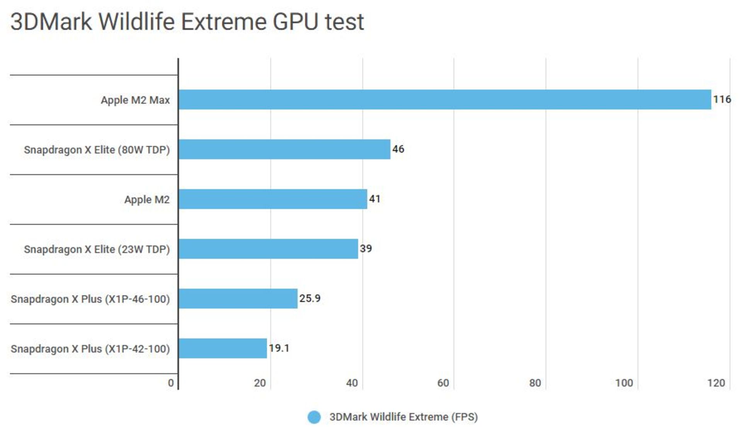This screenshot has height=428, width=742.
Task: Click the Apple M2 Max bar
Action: [x=444, y=100]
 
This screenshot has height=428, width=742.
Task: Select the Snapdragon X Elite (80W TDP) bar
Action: [x=284, y=149]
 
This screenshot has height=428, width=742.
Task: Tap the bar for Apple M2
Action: [x=273, y=199]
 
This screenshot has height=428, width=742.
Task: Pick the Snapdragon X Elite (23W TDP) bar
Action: [x=268, y=249]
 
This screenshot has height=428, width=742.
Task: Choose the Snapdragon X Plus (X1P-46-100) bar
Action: [x=238, y=298]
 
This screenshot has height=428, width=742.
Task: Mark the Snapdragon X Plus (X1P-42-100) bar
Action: [x=223, y=348]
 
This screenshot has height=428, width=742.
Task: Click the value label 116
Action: [x=722, y=99]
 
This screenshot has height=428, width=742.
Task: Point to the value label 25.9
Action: [x=310, y=298]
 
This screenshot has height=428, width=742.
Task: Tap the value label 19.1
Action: [x=279, y=348]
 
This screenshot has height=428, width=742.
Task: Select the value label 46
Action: [x=398, y=149]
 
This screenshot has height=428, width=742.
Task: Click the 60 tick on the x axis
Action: [x=443, y=383]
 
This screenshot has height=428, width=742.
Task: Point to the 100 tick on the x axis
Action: [x=624, y=383]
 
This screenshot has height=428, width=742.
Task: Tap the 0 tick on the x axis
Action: [x=171, y=383]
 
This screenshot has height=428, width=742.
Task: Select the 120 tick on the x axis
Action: [x=716, y=383]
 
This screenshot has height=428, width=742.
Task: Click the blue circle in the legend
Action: [x=314, y=417]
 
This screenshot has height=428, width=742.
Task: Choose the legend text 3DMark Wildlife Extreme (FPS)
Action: [x=403, y=417]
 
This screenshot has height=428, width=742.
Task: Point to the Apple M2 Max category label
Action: [x=135, y=100]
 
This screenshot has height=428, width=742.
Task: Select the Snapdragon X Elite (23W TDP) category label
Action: [x=97, y=249]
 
